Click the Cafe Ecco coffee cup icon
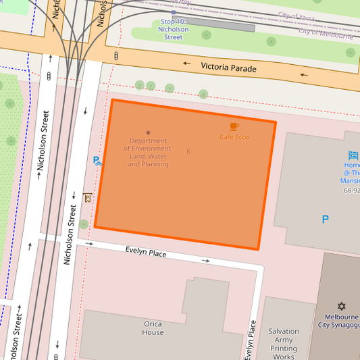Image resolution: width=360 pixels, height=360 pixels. coord(234,126)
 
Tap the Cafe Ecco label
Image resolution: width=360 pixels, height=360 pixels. coord(234,137)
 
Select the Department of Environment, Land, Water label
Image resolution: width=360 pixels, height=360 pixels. coord(148,153)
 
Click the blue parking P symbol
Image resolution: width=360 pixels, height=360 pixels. coord(325,220)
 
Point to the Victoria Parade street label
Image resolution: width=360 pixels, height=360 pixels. coord(229,68)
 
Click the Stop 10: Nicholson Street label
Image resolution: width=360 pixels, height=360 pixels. coord(174,30)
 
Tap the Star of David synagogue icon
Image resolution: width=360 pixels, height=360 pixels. coord(341,306)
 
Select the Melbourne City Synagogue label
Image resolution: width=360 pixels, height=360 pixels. coord(341,321)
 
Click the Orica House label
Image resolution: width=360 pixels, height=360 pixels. coord(153,328)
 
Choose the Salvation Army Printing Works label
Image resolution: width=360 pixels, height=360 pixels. coord(283,344)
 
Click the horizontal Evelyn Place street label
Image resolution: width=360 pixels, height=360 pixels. coord(146,252)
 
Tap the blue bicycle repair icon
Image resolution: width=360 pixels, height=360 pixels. coord(97,161)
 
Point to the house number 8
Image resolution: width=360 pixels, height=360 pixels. coord(188,151)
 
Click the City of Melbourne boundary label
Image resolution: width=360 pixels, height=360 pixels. coord(326,33)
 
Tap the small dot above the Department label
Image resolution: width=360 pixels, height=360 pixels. coord(148,133)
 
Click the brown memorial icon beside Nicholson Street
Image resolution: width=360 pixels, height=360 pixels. coord(87,197)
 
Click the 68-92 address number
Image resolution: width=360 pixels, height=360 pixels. coord(352,190)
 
